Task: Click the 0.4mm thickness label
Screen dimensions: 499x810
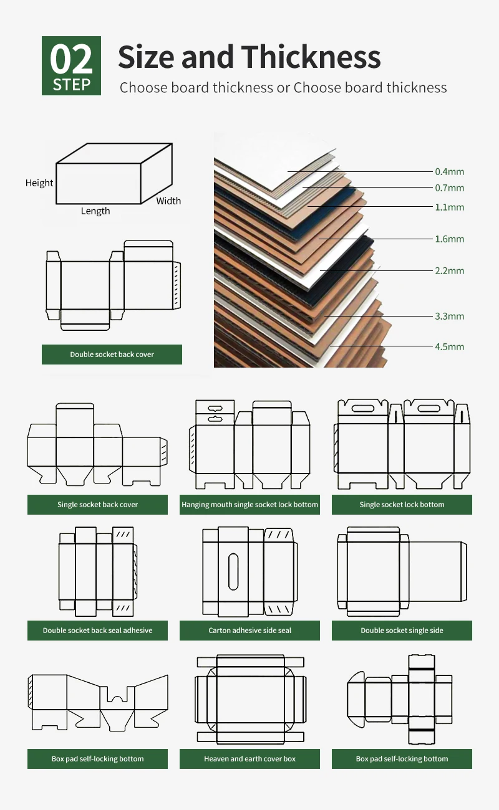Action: click(x=449, y=171)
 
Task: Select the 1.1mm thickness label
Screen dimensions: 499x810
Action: click(x=449, y=207)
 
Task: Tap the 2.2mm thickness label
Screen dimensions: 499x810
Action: click(x=449, y=270)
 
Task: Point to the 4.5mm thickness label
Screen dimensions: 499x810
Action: click(x=449, y=346)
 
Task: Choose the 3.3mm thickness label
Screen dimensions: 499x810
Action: click(x=449, y=316)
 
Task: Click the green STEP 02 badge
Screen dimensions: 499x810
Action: click(x=71, y=66)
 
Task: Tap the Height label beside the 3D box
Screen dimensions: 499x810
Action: click(x=39, y=183)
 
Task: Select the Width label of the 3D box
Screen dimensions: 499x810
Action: click(x=168, y=201)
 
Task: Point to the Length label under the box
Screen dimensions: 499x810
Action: click(x=95, y=211)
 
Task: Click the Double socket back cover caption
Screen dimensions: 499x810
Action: click(x=112, y=355)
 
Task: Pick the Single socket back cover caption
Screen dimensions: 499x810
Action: click(x=97, y=505)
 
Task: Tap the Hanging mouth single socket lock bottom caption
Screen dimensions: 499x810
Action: click(x=249, y=505)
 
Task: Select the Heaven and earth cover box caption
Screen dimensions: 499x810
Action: click(x=249, y=759)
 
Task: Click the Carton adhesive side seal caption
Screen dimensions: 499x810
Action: click(x=249, y=631)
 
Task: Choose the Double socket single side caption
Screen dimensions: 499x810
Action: click(x=402, y=631)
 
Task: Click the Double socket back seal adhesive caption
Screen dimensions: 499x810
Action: click(x=97, y=631)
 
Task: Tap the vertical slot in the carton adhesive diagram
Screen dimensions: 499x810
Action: click(x=233, y=571)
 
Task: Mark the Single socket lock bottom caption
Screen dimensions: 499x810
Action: click(x=402, y=505)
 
